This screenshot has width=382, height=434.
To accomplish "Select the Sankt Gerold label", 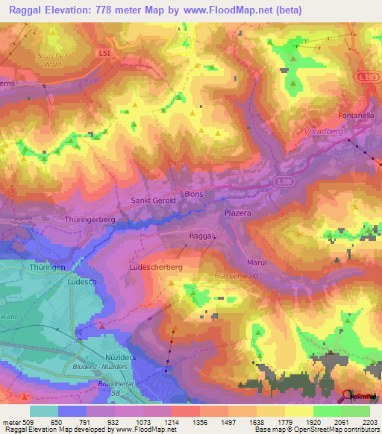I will point(154,201).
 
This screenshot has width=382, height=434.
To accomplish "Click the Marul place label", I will point(257,262).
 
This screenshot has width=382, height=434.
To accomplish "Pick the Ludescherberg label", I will point(156,266).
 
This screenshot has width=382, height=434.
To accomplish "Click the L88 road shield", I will point(282,180).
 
